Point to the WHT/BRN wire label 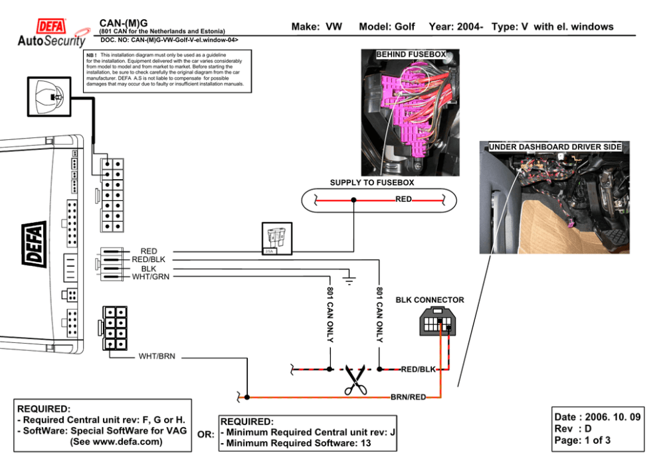pyautogui.click(x=157, y=356)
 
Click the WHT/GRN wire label pyautogui.click(x=151, y=277)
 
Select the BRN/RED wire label pyautogui.click(x=408, y=397)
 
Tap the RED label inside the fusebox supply pyautogui.click(x=403, y=198)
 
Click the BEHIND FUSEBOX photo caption pyautogui.click(x=411, y=54)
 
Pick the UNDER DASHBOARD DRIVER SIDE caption pyautogui.click(x=555, y=147)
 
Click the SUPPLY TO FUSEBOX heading pyautogui.click(x=372, y=182)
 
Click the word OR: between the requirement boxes pyautogui.click(x=206, y=434)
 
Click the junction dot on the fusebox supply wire pyautogui.click(x=353, y=200)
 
